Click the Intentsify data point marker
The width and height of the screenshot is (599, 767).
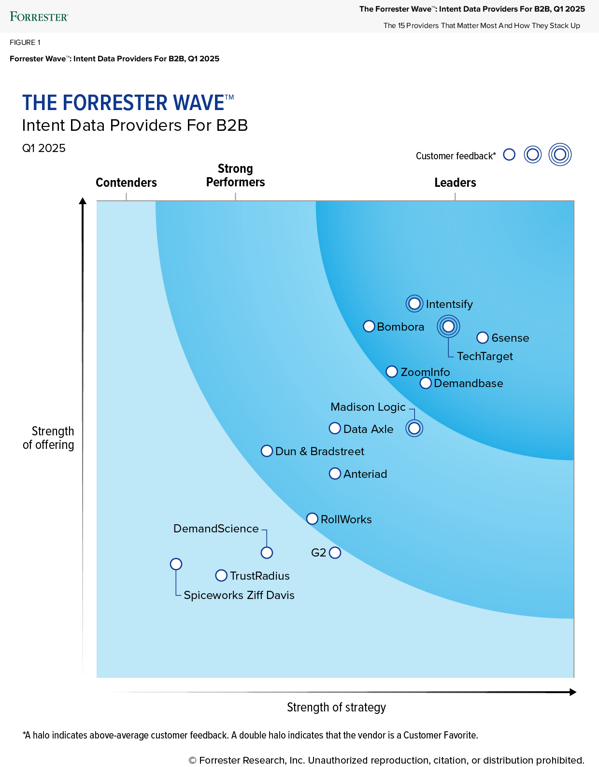[x=414, y=304]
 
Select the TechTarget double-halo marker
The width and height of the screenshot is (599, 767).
[x=448, y=326]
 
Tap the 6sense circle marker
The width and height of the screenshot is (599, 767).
[x=482, y=337]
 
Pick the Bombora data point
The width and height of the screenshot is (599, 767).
[x=369, y=326]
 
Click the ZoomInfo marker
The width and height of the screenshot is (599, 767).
[x=392, y=372]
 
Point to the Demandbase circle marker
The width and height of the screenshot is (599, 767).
[x=426, y=383]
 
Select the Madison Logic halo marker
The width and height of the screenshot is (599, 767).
[x=414, y=428]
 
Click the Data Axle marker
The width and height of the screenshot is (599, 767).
[x=335, y=428]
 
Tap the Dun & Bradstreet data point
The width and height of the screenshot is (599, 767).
[x=267, y=451]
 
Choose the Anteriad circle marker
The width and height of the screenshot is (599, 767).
[x=335, y=474]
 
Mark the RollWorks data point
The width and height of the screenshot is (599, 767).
[x=313, y=519]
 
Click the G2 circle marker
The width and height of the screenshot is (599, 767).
[x=335, y=553]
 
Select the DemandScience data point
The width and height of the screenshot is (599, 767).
[x=267, y=553]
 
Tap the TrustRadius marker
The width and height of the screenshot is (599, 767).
[x=221, y=575]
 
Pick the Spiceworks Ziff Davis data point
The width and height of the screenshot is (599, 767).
[x=176, y=564]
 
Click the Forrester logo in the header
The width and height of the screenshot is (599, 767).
[x=39, y=17]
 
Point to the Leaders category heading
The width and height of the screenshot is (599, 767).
[x=455, y=182]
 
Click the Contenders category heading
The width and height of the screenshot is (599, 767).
[x=126, y=182]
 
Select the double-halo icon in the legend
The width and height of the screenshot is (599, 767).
[x=560, y=154]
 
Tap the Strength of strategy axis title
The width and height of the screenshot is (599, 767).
[x=336, y=707]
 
